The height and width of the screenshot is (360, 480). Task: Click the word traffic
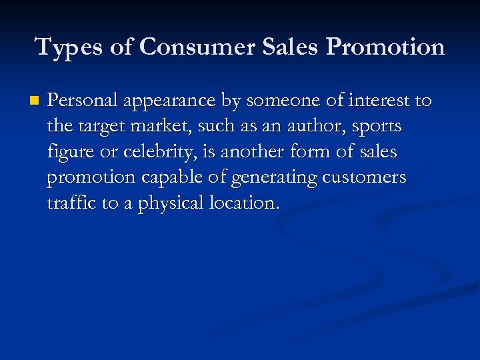pos(71,203)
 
